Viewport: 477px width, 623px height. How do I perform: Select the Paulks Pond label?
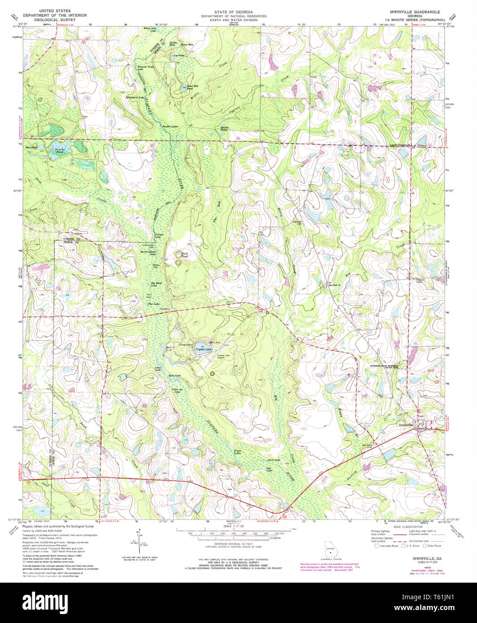[x=56, y=151]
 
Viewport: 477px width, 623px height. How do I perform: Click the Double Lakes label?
[x=170, y=127]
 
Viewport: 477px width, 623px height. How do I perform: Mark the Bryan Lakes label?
[x=237, y=452]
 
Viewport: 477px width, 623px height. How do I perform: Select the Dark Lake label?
[x=273, y=460]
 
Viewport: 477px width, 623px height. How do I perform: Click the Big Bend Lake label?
[x=156, y=285]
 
